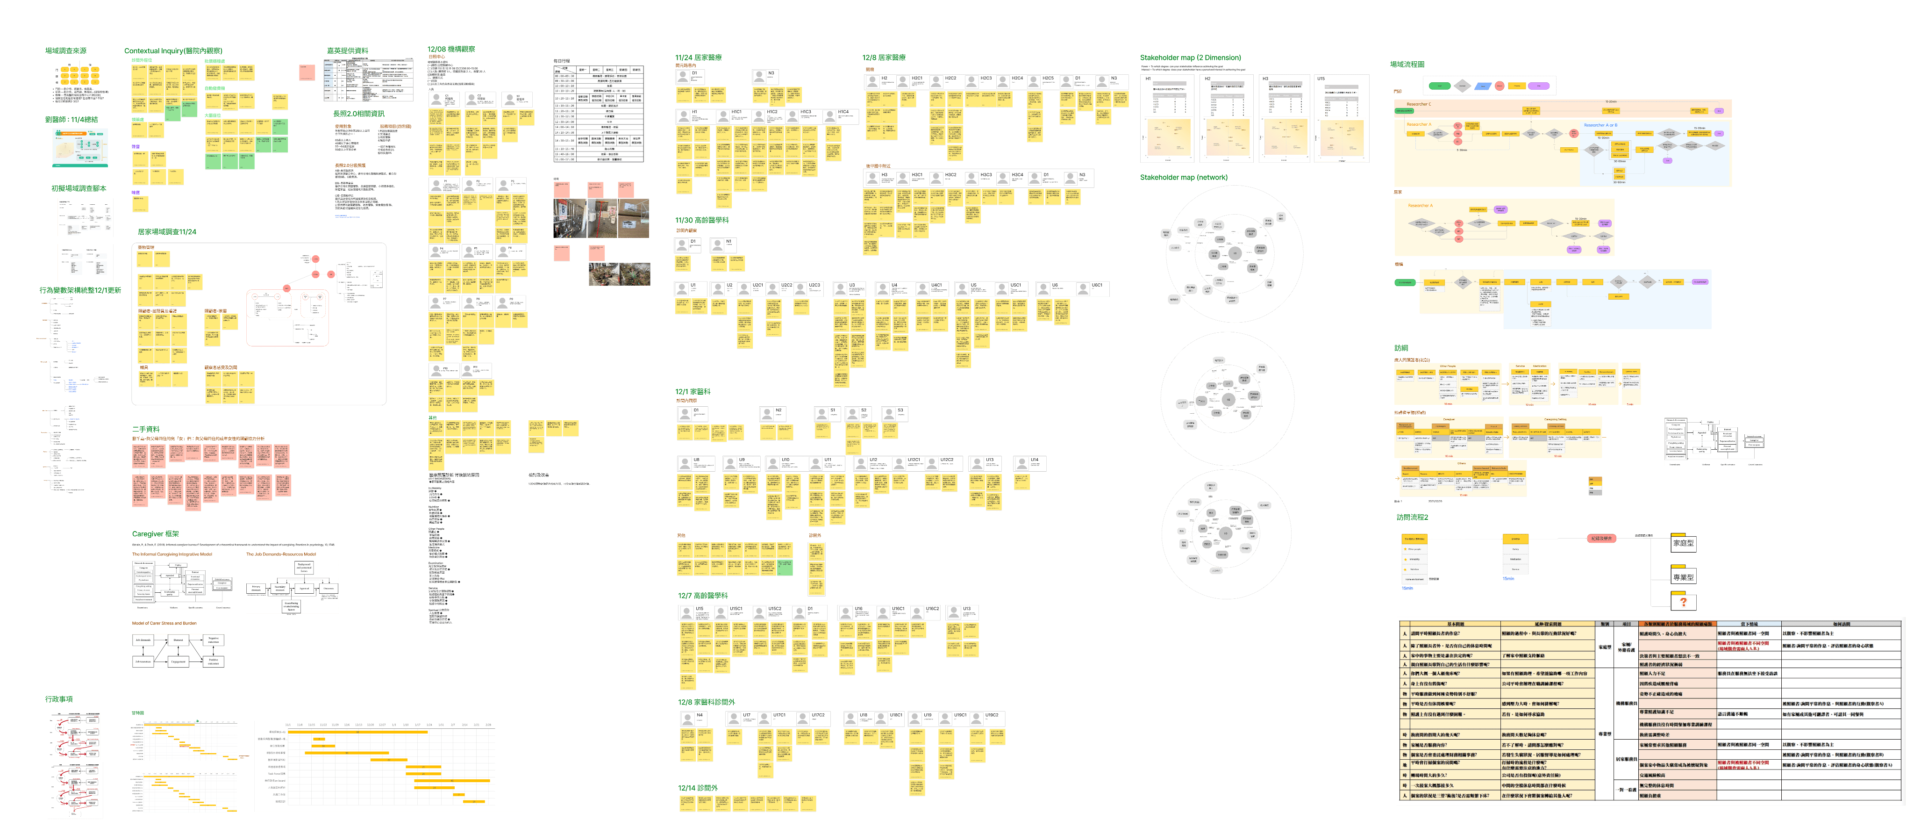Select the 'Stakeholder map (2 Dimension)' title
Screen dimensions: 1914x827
pos(1190,57)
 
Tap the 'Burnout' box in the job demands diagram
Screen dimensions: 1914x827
pos(179,640)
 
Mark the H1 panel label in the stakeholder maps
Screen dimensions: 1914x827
pos(1148,79)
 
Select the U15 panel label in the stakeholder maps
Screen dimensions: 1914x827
pos(1321,79)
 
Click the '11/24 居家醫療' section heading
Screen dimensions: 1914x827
pos(699,57)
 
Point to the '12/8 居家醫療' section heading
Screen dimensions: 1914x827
pos(884,57)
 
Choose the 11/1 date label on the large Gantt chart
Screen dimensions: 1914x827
pos(287,725)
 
